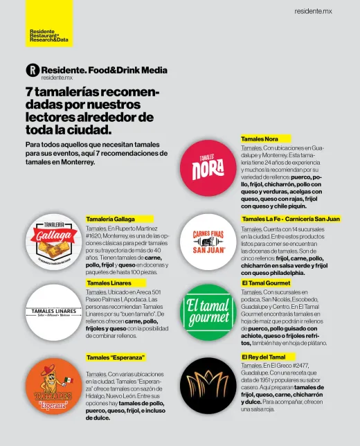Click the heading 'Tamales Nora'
pyautogui.click(x=260, y=139)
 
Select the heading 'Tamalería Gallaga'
pyautogui.click(x=110, y=219)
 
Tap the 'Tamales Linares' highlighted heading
pyautogui.click(x=109, y=283)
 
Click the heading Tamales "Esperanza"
pyautogui.click(x=115, y=357)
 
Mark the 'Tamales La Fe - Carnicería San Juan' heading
pyautogui.click(x=291, y=219)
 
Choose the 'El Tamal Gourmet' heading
pyautogui.click(x=266, y=283)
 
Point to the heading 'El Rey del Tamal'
pyautogui.click(x=263, y=357)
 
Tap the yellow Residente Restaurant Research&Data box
pyautogui.click(x=48, y=24)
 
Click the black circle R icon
pyautogui.click(x=31, y=71)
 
